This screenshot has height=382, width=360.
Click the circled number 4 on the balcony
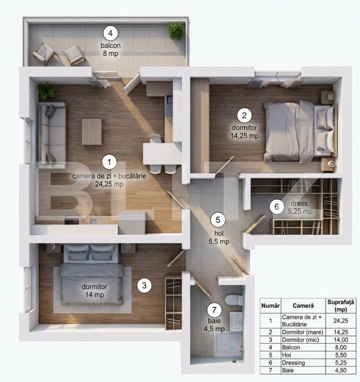[x=110, y=33]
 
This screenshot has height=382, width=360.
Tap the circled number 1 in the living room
[x=109, y=162]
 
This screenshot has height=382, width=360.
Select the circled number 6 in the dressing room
[x=277, y=206]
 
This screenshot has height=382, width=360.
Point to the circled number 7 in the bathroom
[x=214, y=310]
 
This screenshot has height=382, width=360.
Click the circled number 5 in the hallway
[x=218, y=220]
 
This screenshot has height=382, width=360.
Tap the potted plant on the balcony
[x=176, y=30]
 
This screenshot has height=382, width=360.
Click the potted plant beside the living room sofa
[x=46, y=91]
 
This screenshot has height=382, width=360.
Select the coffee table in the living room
[x=92, y=132]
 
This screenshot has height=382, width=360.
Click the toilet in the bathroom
[x=234, y=300]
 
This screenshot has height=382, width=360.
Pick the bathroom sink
[x=236, y=322]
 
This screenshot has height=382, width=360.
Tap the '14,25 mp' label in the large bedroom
[x=244, y=136]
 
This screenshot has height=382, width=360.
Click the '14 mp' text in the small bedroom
[x=95, y=294]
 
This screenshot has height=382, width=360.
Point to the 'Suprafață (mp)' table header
[x=340, y=306]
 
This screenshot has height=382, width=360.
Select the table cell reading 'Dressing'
[x=293, y=363]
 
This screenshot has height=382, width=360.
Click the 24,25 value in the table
[x=341, y=320]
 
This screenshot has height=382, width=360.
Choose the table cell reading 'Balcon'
[x=291, y=348]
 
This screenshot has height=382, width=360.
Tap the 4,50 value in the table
[x=341, y=370]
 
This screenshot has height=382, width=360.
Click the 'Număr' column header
[x=270, y=306]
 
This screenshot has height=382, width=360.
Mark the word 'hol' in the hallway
[x=219, y=233]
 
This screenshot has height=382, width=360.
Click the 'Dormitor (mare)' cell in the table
[x=303, y=332]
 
